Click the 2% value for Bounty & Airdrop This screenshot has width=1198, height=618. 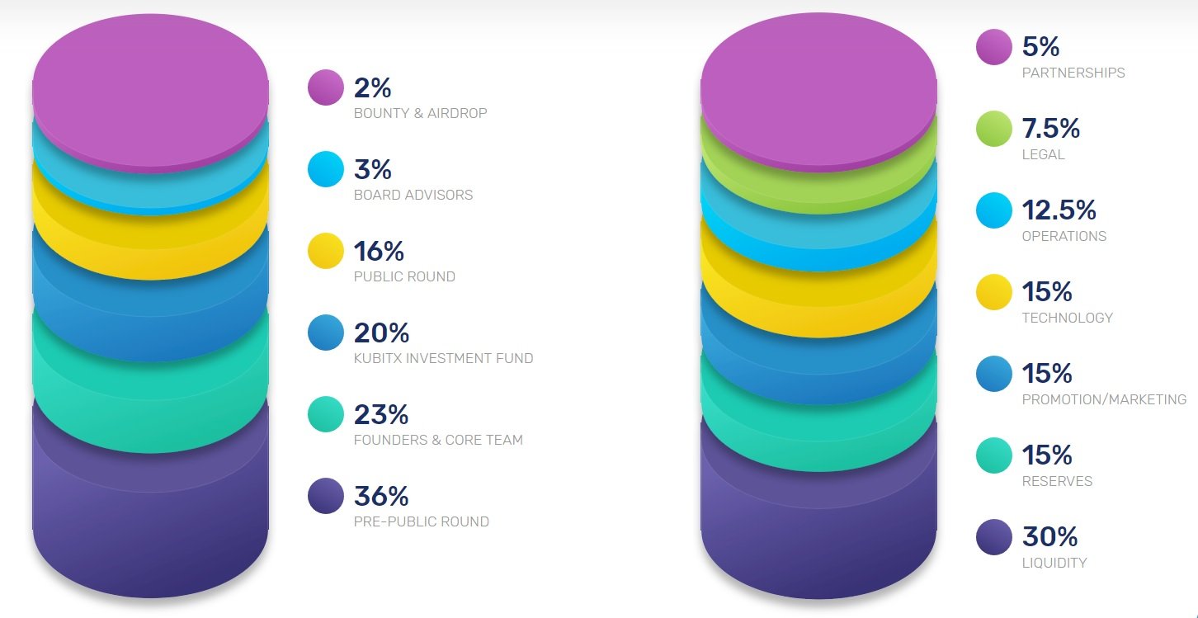click(x=372, y=87)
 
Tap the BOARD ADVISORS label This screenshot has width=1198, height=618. click(x=413, y=195)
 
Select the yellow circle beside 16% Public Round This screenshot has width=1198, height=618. click(x=326, y=251)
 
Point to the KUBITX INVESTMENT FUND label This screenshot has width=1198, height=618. click(x=443, y=358)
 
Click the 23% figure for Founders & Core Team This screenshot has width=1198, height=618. click(x=381, y=414)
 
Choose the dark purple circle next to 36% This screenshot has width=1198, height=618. click(x=326, y=496)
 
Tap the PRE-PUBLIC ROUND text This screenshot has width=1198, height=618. click(x=421, y=521)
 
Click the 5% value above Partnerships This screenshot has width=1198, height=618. click(x=1040, y=47)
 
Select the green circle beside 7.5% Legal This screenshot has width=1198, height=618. click(x=994, y=129)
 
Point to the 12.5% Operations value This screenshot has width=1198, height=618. click(x=1059, y=210)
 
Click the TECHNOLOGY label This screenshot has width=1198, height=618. click(x=1067, y=318)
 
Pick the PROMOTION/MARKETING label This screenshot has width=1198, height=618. click(x=1104, y=399)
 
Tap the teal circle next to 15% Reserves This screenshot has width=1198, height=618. click(x=994, y=455)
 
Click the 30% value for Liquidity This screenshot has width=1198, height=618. click(x=1049, y=537)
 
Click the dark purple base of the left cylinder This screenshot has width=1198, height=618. click(x=150, y=528)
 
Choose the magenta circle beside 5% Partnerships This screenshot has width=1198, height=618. click(x=994, y=47)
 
